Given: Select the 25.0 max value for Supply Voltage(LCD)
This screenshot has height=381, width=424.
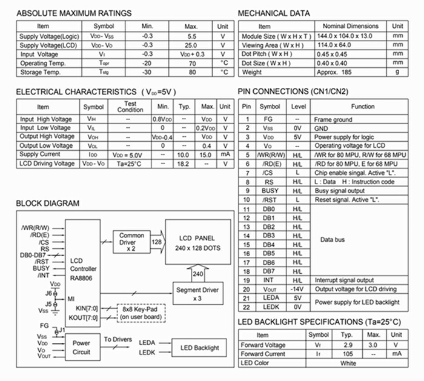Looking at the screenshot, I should point(191,45).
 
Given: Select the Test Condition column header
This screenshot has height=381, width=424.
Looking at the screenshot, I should point(130,107).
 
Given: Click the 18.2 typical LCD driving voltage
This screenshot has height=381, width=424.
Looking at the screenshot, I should point(185,164).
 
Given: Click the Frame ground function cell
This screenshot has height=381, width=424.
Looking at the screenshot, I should point(333,119).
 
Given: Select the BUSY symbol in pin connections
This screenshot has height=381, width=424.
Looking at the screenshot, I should point(270,190).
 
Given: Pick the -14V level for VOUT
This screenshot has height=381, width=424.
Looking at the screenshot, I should point(297,289).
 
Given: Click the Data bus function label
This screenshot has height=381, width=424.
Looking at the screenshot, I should point(333,239).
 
